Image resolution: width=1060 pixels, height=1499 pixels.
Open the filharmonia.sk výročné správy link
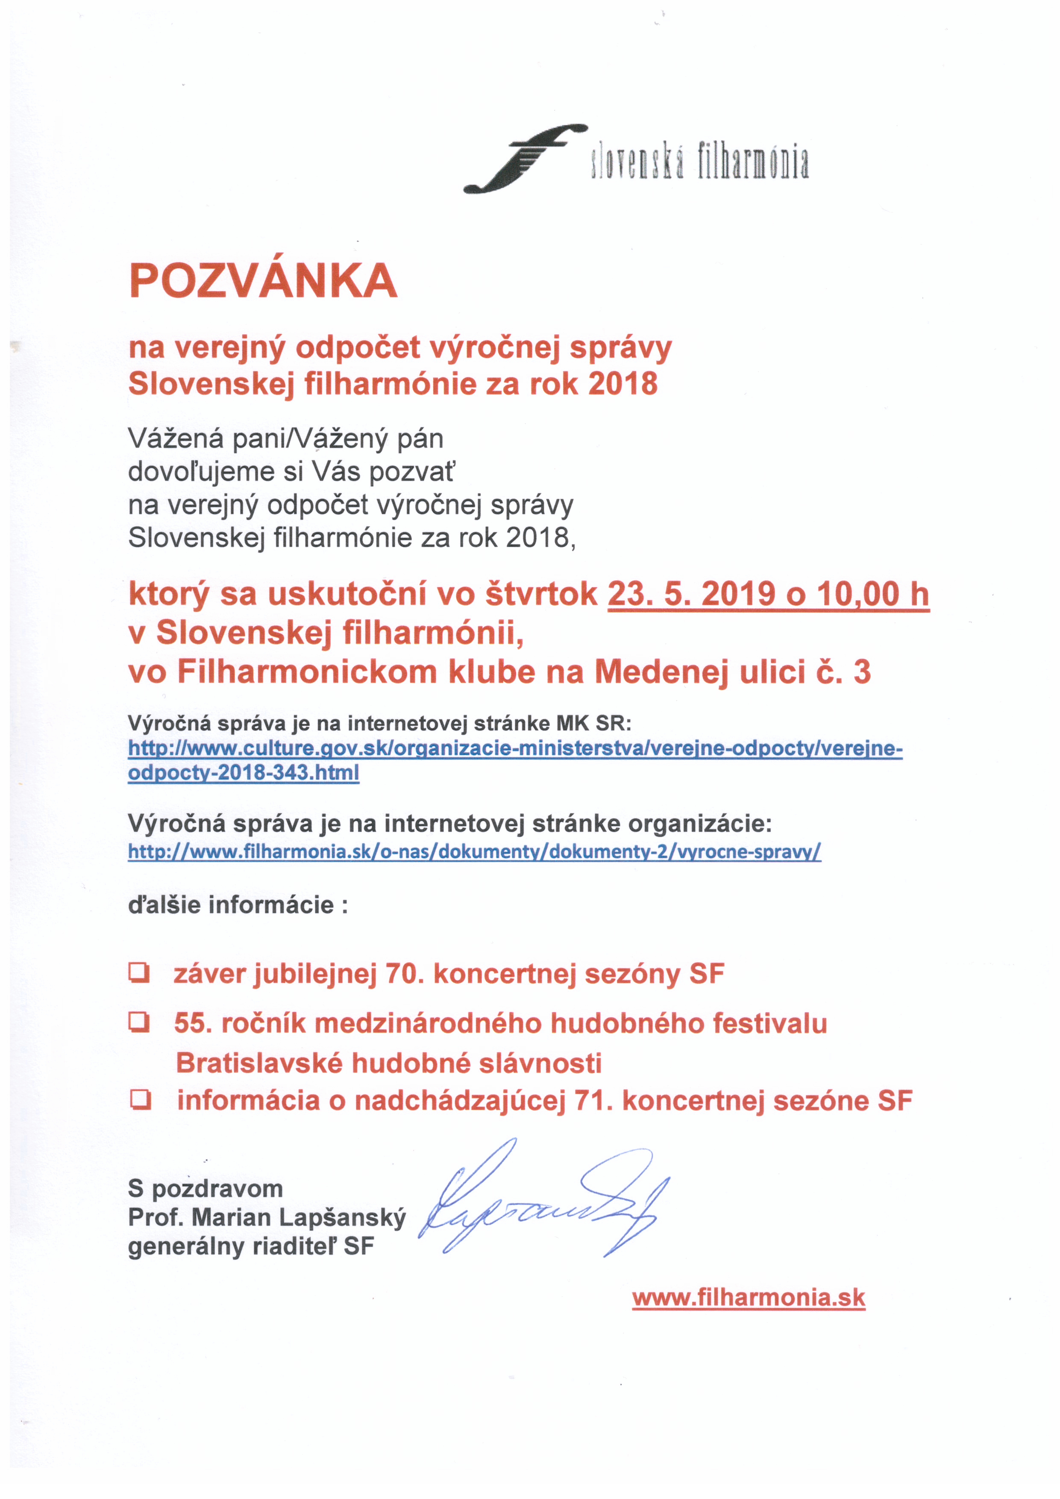pos(474,851)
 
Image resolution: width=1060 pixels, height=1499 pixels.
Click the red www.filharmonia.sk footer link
pos(748,1311)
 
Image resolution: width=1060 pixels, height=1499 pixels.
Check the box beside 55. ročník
pos(139,1023)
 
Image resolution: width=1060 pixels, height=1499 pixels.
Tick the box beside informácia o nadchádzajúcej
pos(140,1100)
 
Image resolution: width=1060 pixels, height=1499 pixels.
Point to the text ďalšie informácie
pos(238,905)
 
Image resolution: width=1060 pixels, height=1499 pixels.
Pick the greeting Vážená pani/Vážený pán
pos(286,439)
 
